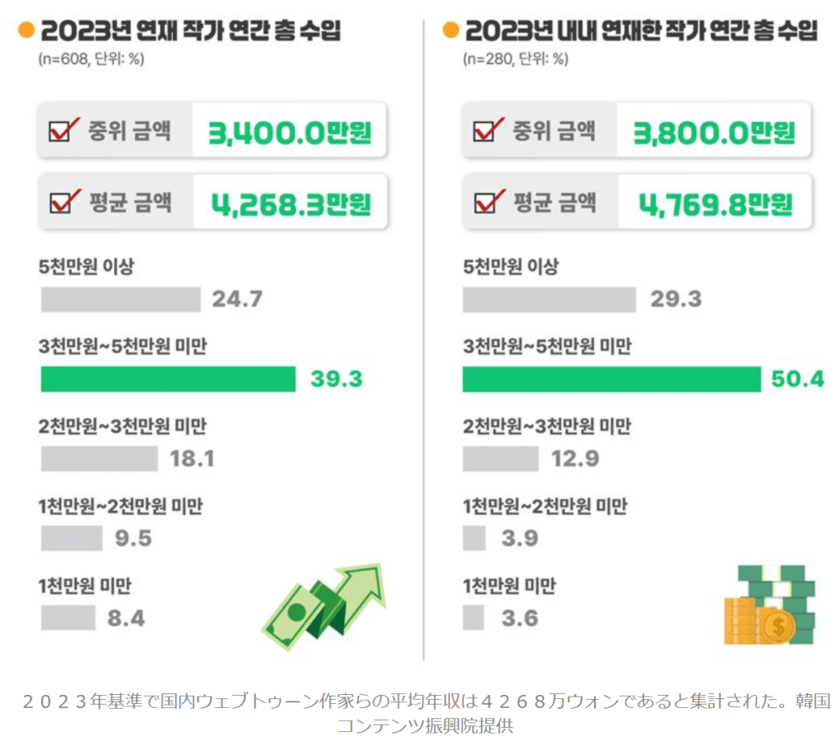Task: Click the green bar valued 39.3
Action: pos(168,379)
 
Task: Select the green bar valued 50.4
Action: pos(611,379)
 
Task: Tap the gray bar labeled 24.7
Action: pos(120,299)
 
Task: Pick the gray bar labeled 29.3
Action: pos(549,299)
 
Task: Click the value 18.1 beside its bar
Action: pos(192,459)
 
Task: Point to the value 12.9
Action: pos(574,459)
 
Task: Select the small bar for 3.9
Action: pos(474,538)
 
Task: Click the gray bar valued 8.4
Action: pos(68,618)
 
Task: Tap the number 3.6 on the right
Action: pos(519,618)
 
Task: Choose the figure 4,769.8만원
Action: pos(715,202)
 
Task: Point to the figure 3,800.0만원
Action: pos(714,131)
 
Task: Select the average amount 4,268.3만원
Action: pos(291,202)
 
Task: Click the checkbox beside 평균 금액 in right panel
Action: pos(488,202)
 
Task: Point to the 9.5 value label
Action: pos(133,538)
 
